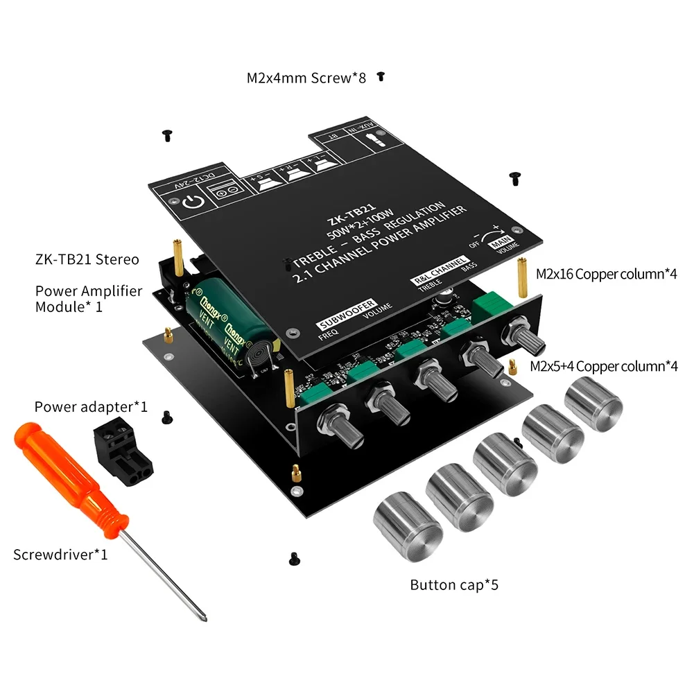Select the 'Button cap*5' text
tap(454, 584)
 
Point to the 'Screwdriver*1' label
tap(60, 555)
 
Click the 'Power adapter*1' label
tap(91, 406)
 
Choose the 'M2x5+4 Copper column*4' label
tap(603, 365)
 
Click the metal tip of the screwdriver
tap(200, 613)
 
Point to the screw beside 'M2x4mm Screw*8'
tap(380, 77)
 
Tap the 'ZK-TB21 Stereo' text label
tap(87, 259)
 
